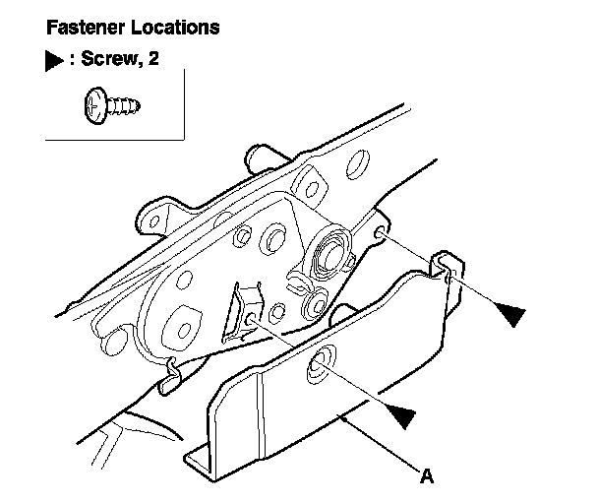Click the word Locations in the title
tap(171, 27)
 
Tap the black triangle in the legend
tap(53, 60)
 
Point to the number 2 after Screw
tap(151, 60)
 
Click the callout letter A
tap(427, 477)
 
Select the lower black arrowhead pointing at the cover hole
tap(397, 413)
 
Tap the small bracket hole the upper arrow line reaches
tap(380, 233)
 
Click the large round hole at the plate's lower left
tap(182, 324)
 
